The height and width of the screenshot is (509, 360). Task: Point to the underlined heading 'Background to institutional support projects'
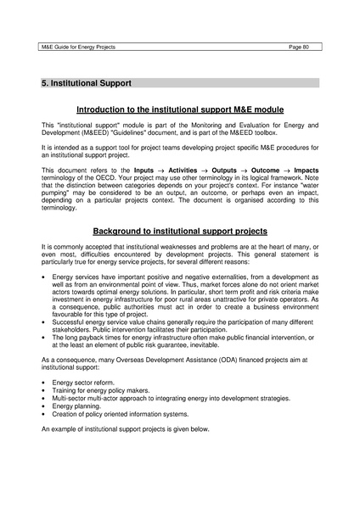click(x=180, y=231)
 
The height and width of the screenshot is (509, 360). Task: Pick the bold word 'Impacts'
click(x=305, y=171)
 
